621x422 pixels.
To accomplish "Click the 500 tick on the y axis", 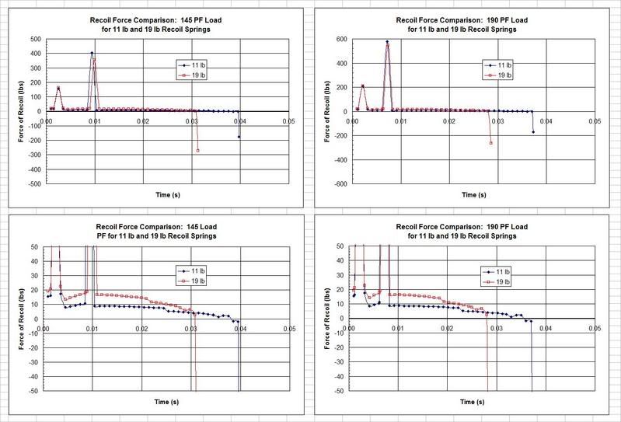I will pos(36,38).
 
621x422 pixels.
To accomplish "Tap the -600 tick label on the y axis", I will pos(340,184).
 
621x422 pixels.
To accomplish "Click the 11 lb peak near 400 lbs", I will pos(92,53).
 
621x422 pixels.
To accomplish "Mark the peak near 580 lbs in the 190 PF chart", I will pos(387,42).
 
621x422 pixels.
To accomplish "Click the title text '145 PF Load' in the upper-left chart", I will pos(202,19).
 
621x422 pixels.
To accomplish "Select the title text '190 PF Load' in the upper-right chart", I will pos(508,19).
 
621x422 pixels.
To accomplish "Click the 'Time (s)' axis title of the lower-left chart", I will pos(166,405).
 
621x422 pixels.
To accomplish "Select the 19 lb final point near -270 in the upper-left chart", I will pos(197,150).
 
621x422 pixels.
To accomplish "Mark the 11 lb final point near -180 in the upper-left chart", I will pos(239,137).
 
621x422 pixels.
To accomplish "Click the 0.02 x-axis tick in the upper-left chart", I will pos(142,121).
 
